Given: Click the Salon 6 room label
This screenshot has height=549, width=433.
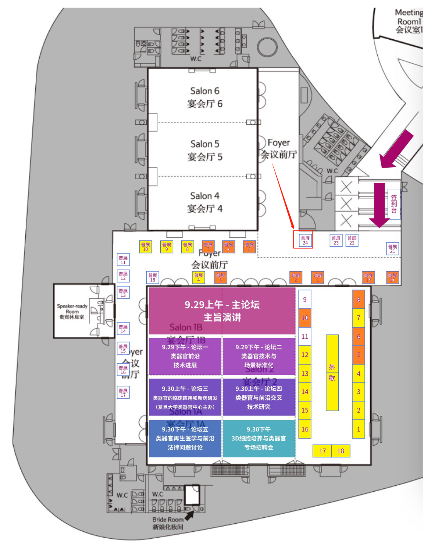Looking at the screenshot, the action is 204,97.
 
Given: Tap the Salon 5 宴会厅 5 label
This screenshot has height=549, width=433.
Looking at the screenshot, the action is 204,150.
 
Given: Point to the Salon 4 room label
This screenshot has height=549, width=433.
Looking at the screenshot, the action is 204,202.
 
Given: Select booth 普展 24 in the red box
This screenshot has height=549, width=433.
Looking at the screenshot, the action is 305,240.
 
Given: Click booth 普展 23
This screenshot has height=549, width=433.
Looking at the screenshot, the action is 336,240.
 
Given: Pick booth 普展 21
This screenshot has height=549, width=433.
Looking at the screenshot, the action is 393,249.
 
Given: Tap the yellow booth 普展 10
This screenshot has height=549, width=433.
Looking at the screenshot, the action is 145,247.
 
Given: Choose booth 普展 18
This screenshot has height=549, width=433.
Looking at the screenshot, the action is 152,278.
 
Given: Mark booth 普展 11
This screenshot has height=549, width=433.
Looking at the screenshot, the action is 123,260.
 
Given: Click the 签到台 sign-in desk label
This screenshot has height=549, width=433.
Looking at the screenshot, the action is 394,204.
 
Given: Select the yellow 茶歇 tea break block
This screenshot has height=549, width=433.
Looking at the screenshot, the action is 332,373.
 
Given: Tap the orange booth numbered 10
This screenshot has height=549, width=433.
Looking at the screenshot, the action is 305,318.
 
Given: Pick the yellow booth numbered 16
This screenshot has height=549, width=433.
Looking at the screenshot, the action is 305,429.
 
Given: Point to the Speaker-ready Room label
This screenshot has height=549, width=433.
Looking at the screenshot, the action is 72,312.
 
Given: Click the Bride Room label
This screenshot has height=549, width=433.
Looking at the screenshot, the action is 168,523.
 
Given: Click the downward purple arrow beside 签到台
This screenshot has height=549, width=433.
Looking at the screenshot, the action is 379,205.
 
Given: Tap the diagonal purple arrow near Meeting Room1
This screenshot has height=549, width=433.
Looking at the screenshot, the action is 397,149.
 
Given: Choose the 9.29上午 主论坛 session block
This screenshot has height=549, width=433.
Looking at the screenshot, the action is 222,311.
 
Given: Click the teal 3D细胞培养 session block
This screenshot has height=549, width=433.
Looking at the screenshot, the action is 259,438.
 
